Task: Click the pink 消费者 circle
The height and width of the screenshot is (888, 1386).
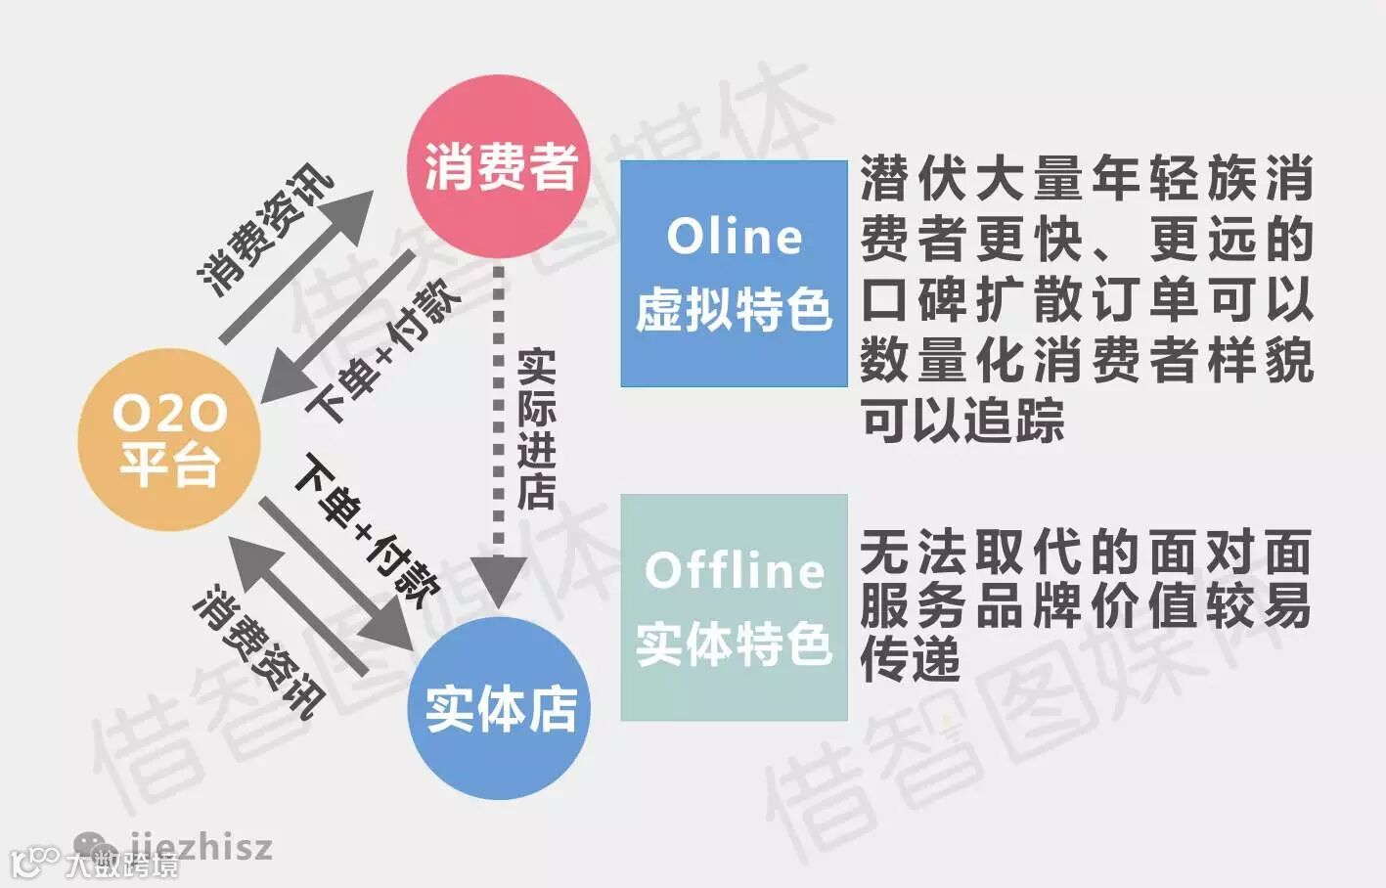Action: point(499,166)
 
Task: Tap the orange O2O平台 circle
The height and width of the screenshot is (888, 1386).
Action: point(169,440)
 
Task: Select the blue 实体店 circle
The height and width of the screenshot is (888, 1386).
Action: point(499,708)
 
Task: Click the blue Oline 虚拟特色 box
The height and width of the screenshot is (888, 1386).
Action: point(734,274)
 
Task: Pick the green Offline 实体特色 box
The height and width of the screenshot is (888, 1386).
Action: point(734,607)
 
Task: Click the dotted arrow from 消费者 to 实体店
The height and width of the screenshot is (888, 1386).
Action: point(499,440)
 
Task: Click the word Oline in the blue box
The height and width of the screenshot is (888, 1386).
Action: point(734,238)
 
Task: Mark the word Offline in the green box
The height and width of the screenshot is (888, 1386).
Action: point(734,570)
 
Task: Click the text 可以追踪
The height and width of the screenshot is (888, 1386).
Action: point(962,422)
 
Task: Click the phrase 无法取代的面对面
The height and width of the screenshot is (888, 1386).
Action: point(1086,553)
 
